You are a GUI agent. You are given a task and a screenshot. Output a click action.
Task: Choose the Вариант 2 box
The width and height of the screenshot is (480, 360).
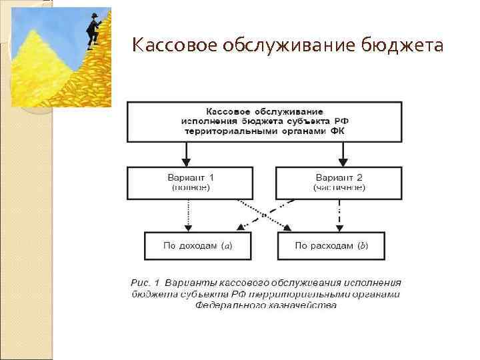point(339,183)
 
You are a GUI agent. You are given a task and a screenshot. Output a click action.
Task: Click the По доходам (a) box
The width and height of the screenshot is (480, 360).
point(198,246)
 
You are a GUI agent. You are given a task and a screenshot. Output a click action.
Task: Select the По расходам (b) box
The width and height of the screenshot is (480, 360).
point(331,246)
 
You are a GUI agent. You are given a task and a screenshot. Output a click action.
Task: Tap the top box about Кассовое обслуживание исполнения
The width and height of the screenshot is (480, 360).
point(265,121)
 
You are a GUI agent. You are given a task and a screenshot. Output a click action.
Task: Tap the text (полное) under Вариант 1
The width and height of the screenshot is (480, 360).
point(191,189)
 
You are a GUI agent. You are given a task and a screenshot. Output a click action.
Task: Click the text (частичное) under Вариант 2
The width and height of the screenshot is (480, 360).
point(339,189)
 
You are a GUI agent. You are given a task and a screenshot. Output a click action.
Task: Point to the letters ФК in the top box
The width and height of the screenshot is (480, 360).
point(337,131)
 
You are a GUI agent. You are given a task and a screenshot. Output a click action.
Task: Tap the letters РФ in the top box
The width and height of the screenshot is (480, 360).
point(341,121)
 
